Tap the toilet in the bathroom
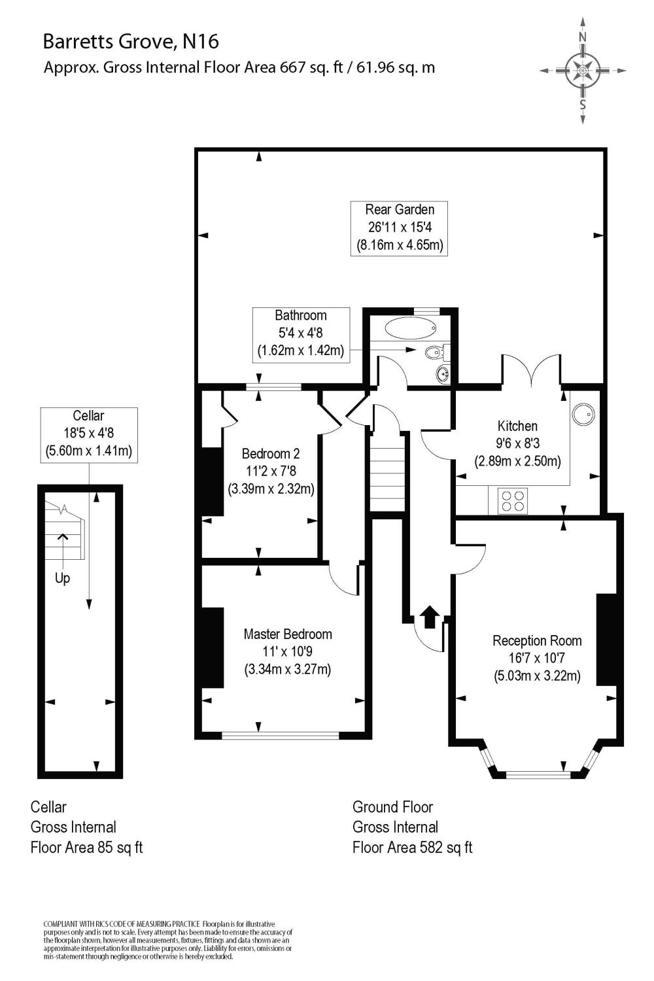coord(434,353)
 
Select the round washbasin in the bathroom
coord(443,374)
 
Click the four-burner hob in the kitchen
coord(512,500)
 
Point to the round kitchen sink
coord(583,413)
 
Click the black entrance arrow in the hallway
coord(429,617)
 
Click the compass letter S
coord(582,105)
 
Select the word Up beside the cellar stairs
coord(62,578)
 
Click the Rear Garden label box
coord(399,228)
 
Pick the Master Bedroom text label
coord(288,634)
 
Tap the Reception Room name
coord(537,640)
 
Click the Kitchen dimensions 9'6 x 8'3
coord(517,443)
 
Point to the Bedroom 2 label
coord(271,453)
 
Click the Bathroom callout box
coord(301,334)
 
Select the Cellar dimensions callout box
coord(89,434)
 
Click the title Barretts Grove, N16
coord(131,42)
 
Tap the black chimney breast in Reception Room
coord(607,639)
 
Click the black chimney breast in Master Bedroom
coord(213,647)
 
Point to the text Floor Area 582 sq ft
coord(412,848)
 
